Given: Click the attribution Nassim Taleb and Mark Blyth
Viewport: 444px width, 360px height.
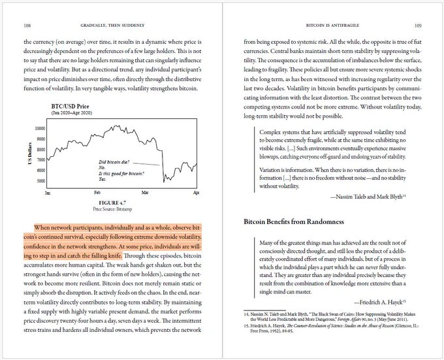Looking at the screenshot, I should click(370, 195).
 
